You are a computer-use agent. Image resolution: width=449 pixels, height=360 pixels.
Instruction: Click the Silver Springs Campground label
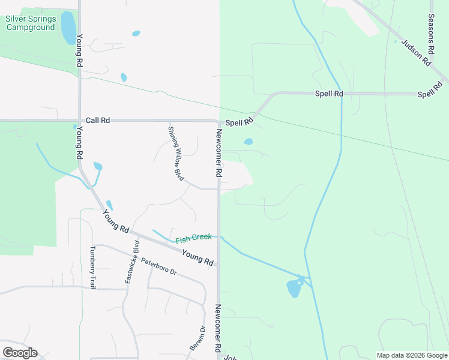(x=31, y=23)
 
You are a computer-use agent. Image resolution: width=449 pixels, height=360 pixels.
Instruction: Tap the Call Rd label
(x=98, y=121)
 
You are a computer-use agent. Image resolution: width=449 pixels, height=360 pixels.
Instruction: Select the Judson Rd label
(x=417, y=53)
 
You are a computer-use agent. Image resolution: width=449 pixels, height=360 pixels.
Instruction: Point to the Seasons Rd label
(x=431, y=32)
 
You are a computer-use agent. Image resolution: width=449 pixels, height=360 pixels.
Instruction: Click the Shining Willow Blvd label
(x=175, y=154)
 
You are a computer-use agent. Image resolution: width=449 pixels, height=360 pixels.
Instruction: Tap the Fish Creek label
(x=193, y=238)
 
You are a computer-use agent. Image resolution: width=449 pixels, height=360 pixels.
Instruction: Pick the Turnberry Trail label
(x=92, y=268)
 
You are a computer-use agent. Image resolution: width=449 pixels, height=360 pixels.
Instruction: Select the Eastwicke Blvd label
(x=132, y=262)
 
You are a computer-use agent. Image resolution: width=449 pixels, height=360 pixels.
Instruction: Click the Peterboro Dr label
(x=159, y=266)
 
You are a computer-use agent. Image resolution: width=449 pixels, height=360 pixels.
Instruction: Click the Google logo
(x=20, y=353)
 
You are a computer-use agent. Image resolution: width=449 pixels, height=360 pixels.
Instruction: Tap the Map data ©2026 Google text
(x=412, y=355)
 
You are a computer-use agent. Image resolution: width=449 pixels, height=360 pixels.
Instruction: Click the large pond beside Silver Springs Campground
(x=68, y=28)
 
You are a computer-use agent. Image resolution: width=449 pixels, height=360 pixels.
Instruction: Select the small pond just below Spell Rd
(x=248, y=142)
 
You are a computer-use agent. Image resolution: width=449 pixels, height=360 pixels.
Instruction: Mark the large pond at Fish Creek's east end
(x=294, y=289)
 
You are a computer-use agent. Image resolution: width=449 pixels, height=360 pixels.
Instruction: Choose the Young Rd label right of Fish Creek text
(x=198, y=258)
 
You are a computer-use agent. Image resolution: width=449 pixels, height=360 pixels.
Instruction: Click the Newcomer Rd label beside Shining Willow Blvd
(x=219, y=154)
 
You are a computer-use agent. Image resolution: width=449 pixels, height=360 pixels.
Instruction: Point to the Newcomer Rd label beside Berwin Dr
(x=219, y=329)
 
